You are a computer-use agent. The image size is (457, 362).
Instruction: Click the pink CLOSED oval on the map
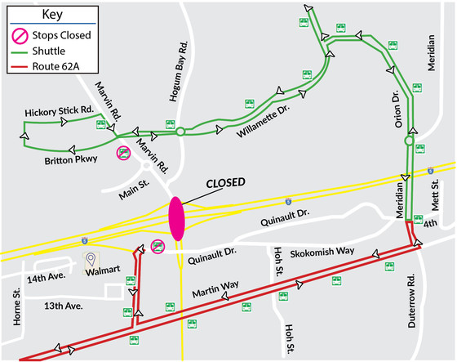pos(177,219)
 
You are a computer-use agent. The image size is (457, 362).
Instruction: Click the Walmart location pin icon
pos(91,261)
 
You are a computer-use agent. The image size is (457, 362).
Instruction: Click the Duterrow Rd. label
pos(412,302)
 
